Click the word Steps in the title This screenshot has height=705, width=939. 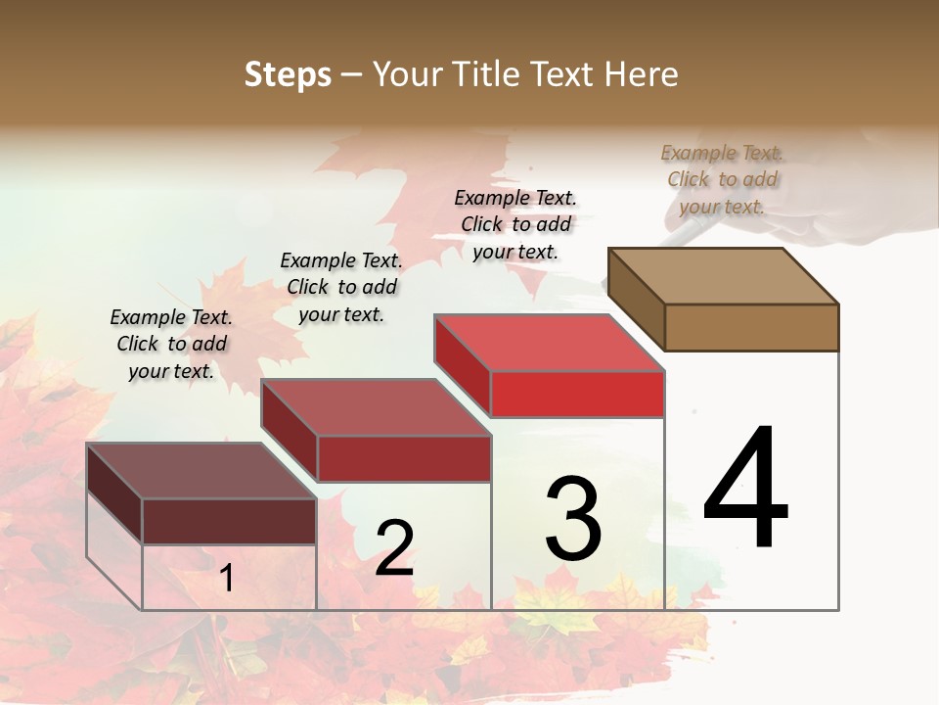coord(288,74)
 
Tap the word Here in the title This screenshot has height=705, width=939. coord(641,74)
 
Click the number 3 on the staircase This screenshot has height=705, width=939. coord(572,519)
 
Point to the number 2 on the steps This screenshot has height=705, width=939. coord(394,548)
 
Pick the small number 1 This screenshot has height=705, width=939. coord(226,579)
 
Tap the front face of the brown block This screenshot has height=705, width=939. coord(751,327)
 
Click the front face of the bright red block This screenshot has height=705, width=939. coord(577,395)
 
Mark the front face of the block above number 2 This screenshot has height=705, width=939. coord(403,458)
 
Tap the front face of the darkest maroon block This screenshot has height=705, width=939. coord(229,521)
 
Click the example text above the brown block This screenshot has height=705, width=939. coord(722,179)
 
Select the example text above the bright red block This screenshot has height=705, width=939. coord(515,224)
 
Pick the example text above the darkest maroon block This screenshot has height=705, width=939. coord(171,344)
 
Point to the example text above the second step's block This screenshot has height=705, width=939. coord(341,287)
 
